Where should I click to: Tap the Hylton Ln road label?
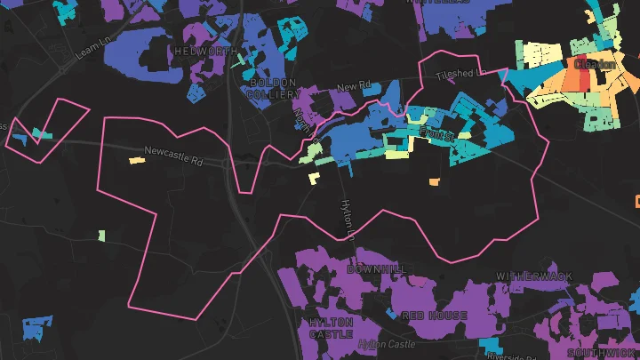[x=348, y=217]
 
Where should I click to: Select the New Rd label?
[x=353, y=87]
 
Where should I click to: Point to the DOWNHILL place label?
[x=375, y=268]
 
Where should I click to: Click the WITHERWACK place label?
[x=534, y=276]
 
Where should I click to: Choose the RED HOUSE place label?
[x=435, y=316]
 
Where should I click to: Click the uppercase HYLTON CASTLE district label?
[x=331, y=327]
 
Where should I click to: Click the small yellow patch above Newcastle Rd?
[x=136, y=160]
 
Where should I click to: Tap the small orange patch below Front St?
[x=435, y=182]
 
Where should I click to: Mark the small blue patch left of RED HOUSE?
[x=393, y=313]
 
